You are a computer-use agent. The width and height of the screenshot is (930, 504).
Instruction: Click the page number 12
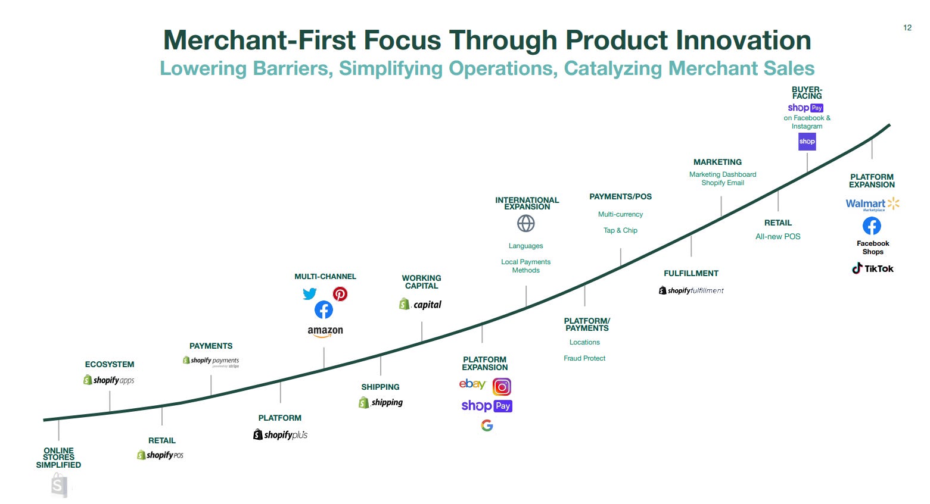coord(907,28)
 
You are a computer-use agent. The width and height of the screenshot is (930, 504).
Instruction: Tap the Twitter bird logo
coord(309,294)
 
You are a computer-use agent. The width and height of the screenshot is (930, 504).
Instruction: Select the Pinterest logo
coord(340,294)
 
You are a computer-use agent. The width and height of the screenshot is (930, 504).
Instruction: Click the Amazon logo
coord(325,331)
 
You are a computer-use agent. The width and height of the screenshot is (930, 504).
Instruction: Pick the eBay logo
coord(472,384)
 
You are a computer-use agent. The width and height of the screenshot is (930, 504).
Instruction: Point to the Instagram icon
coord(502,387)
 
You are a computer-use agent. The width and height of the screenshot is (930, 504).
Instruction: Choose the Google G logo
coord(487,425)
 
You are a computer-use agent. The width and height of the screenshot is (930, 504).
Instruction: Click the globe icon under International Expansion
coord(525,224)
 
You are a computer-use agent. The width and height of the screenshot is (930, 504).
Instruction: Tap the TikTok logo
coord(872,268)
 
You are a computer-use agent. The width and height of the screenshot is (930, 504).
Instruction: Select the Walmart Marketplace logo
coord(872,204)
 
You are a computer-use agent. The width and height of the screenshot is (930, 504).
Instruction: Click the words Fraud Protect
coord(584,358)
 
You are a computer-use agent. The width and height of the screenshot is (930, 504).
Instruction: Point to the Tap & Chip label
coord(620,230)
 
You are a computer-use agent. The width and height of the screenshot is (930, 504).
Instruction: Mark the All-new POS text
coord(777,236)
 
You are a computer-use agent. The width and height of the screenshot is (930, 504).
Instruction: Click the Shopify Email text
coord(723,183)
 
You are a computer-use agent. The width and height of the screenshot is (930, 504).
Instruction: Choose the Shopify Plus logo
coord(280,434)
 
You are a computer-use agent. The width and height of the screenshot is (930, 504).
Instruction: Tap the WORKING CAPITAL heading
coord(421,281)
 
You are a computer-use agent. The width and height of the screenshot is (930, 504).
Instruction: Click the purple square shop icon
coord(807,142)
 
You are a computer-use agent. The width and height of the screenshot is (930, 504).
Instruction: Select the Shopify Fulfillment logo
coord(691,290)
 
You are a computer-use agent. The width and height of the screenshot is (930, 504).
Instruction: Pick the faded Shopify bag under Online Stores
coord(59,486)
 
